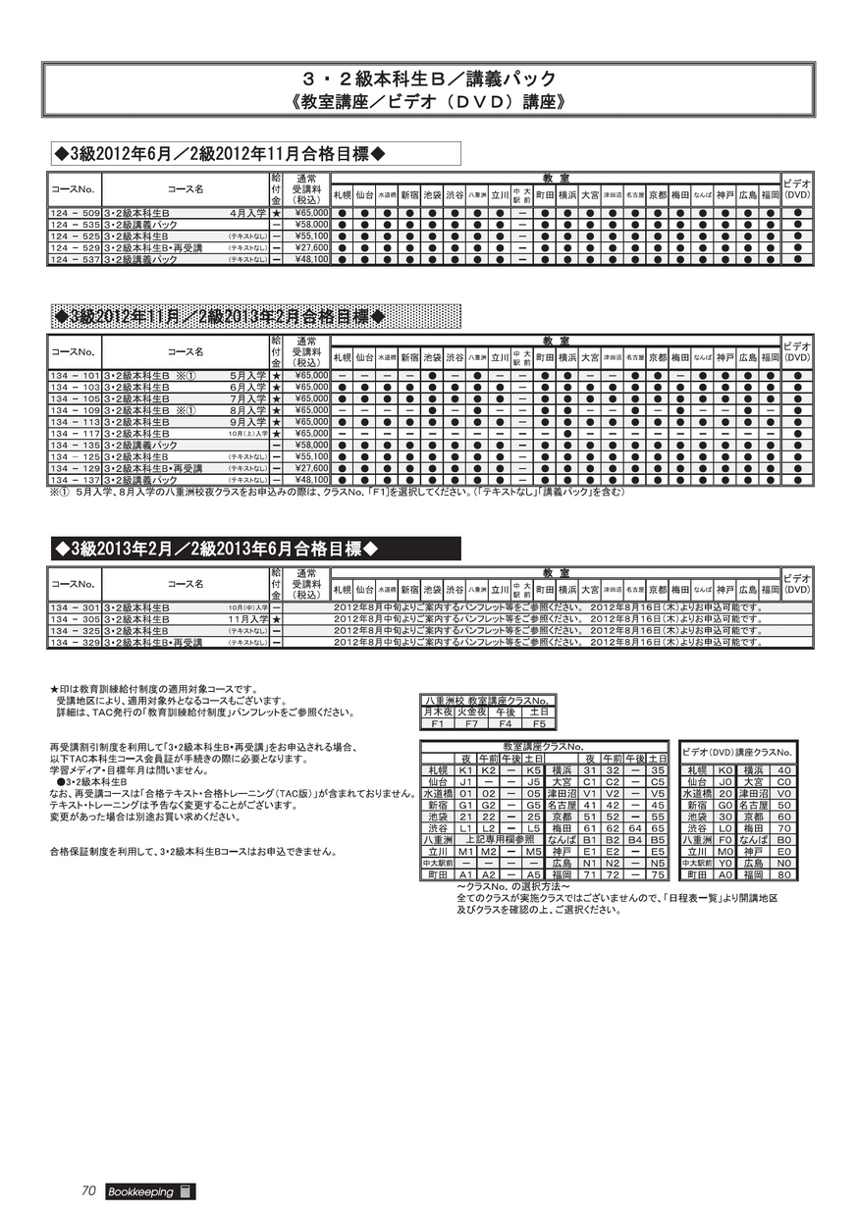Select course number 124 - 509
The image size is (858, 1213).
point(75,212)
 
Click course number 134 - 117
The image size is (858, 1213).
point(75,433)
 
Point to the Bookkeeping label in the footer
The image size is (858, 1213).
point(137,1191)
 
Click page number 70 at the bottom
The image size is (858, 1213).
point(87,1191)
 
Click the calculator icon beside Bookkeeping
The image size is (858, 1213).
point(185,1191)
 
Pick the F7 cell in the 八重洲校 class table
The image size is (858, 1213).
point(471,724)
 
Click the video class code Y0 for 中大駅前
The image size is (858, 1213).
point(725,864)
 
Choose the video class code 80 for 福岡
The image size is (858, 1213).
point(783,874)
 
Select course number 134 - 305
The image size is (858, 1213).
point(75,619)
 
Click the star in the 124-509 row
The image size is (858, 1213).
point(277,212)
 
